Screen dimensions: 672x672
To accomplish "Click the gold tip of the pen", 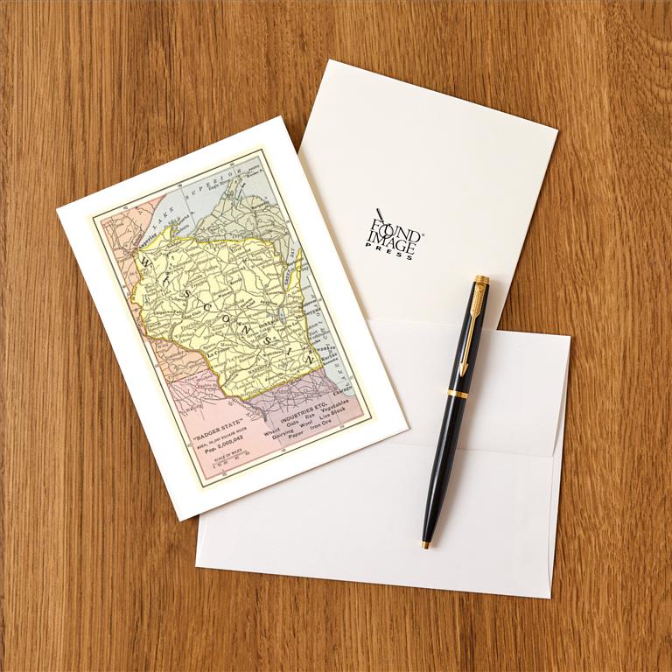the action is coord(425,545).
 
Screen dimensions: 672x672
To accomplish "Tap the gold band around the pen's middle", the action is coord(458,394).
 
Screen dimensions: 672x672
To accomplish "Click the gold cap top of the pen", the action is coord(481,280).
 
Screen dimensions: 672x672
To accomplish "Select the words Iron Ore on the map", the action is coord(326,423).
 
